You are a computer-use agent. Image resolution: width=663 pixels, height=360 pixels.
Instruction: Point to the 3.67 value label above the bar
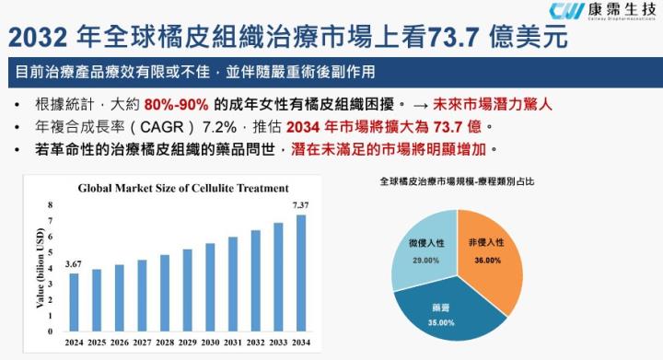click(74, 265)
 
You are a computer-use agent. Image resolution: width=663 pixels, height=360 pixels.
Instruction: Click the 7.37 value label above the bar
click(301, 204)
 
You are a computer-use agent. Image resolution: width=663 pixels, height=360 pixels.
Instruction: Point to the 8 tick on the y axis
click(52, 205)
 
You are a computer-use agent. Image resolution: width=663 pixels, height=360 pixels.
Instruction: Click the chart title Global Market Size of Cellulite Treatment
click(182, 188)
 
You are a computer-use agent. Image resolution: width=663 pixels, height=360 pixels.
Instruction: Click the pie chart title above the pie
click(456, 182)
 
